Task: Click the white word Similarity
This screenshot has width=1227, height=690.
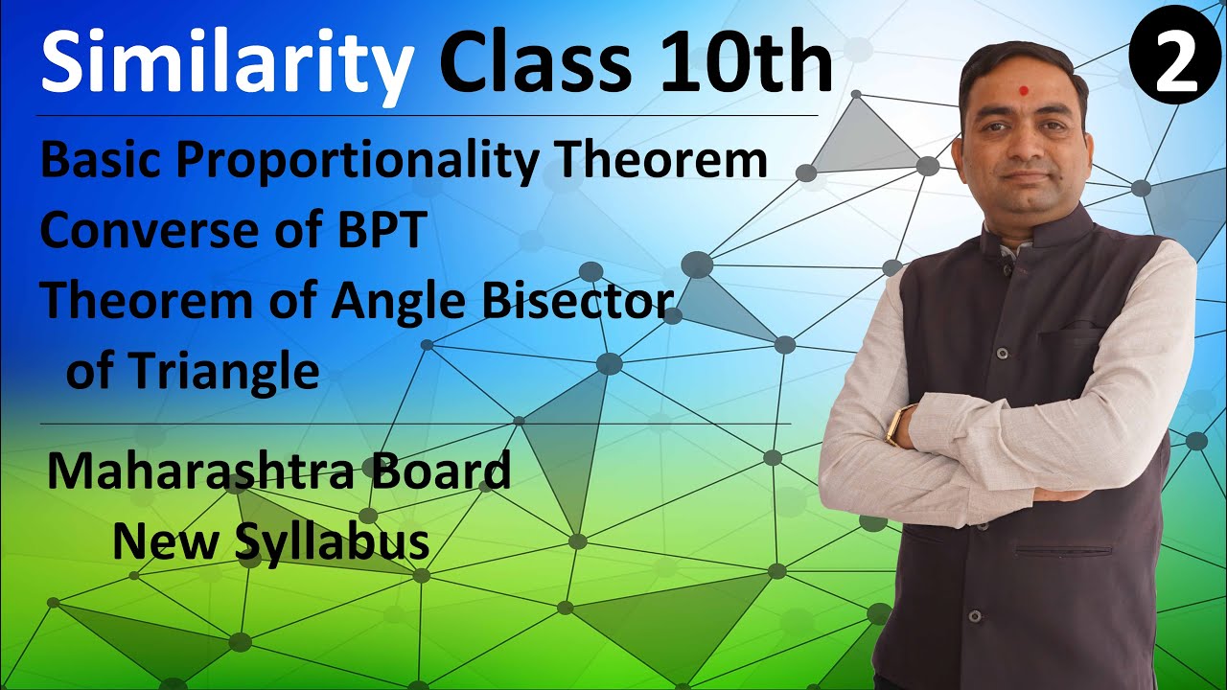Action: (x=226, y=64)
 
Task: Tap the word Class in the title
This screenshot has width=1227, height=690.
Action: (x=536, y=62)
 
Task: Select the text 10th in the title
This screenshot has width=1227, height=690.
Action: (x=747, y=62)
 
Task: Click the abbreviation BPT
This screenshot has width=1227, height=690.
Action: (x=382, y=229)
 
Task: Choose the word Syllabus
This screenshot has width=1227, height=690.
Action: (x=333, y=542)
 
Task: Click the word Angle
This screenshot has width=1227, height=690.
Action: (x=398, y=303)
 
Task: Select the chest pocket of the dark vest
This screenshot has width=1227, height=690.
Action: (x=1070, y=335)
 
